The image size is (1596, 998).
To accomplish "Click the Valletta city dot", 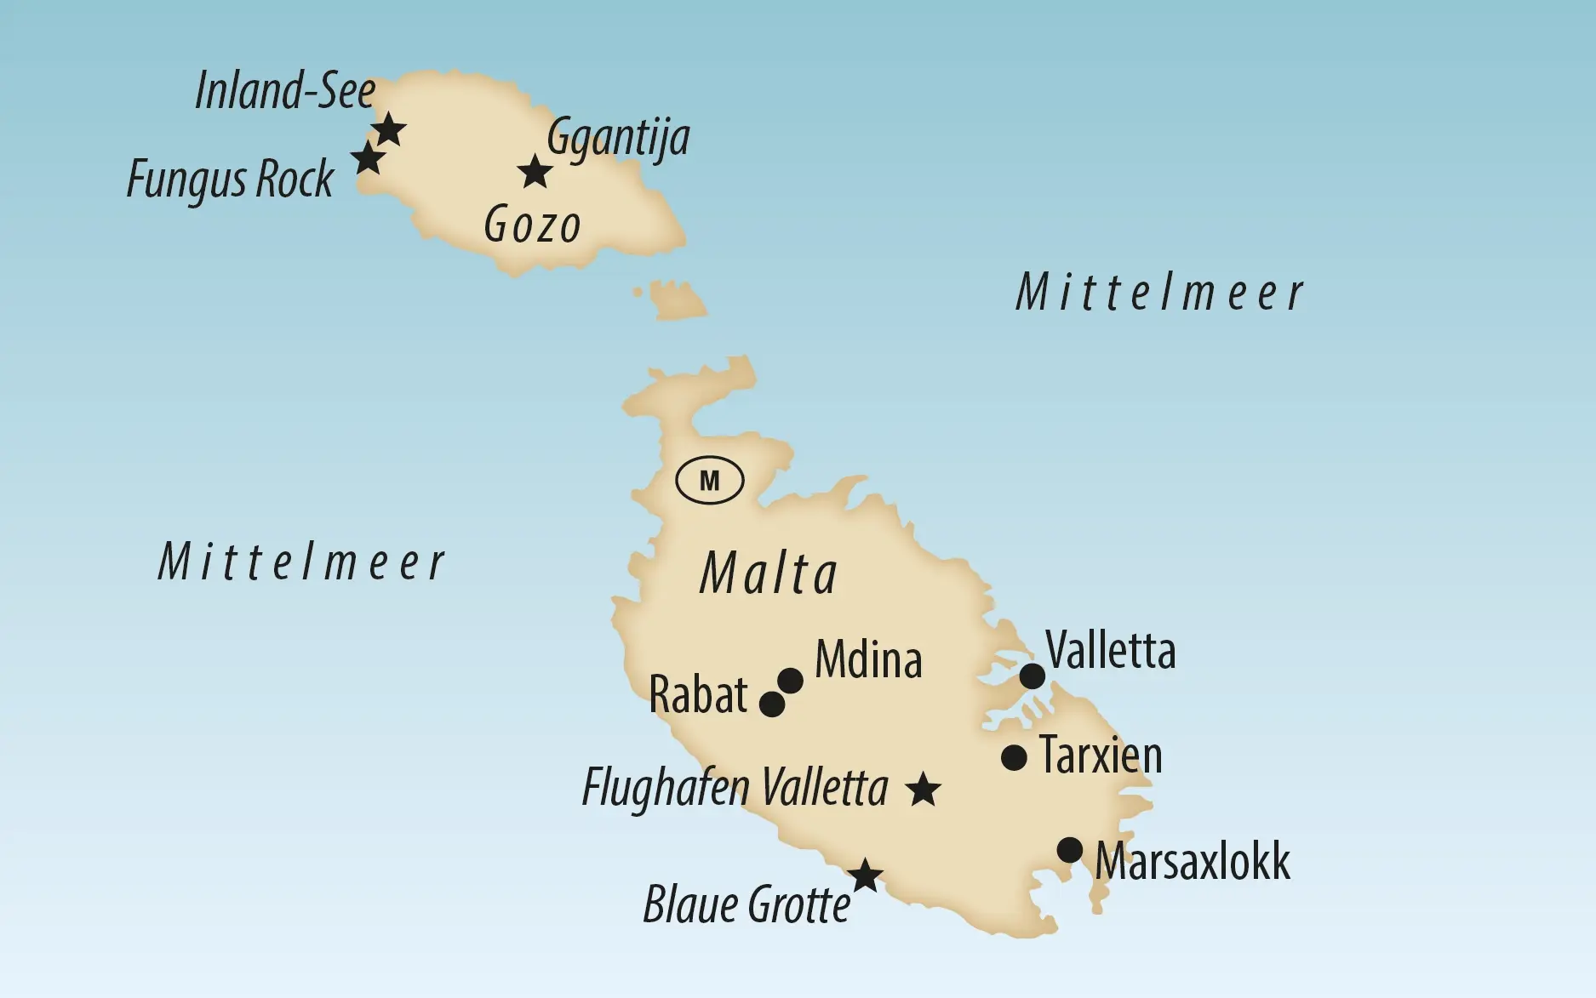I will [1032, 676].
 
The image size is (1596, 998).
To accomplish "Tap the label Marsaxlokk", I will [1192, 861].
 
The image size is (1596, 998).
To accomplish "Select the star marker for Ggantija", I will [535, 172].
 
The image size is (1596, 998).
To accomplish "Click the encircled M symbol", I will [709, 482].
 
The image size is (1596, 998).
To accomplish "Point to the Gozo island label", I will [532, 226].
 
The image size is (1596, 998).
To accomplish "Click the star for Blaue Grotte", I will [865, 875].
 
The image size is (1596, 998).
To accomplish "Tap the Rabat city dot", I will [771, 704].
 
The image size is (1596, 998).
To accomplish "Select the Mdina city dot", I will [790, 680].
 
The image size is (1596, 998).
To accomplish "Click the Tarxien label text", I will [1100, 756].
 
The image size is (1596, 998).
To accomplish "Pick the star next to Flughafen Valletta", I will [923, 790].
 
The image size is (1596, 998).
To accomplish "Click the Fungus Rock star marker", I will [368, 158].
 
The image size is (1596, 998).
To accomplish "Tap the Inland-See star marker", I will [389, 130].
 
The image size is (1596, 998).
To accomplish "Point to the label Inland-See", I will [284, 90].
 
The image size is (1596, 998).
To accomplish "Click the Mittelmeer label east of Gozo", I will [1159, 294].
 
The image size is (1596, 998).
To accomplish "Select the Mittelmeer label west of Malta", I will [301, 563].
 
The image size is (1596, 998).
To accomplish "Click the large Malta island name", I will [768, 574].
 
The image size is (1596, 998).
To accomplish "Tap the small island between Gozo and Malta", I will [678, 300].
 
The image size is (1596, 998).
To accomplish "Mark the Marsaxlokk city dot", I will [1069, 849].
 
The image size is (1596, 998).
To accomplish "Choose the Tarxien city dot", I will [1013, 757].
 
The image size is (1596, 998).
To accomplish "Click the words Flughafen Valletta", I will [735, 789].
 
